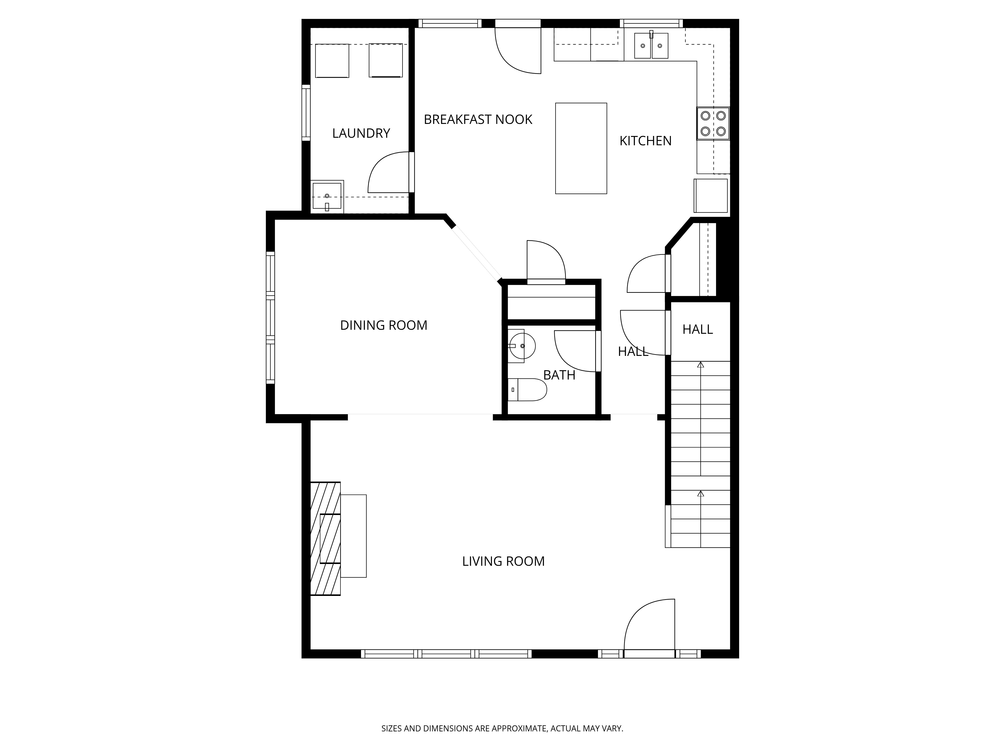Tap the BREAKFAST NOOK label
click(478, 120)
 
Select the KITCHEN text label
click(645, 141)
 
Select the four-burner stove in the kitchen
click(713, 123)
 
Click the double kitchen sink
click(651, 45)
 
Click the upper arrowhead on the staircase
click(700, 364)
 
